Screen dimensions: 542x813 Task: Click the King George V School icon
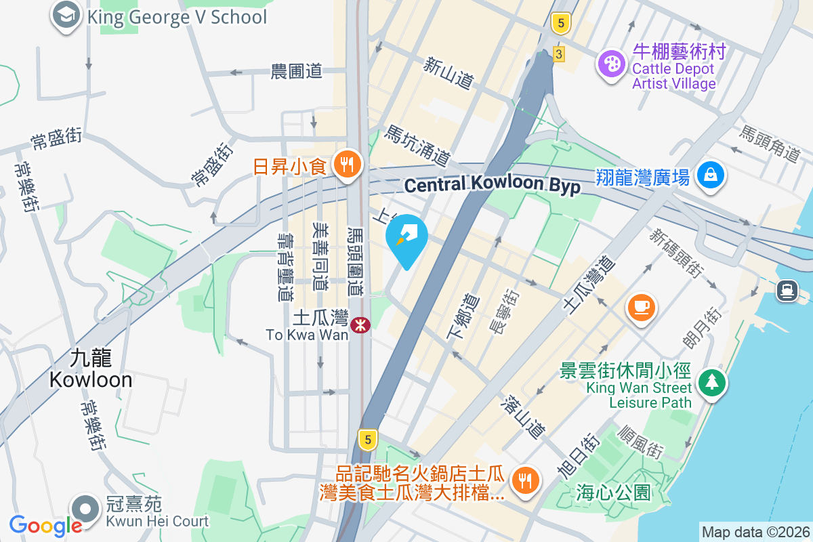66,17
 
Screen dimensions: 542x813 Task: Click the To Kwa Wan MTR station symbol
360,325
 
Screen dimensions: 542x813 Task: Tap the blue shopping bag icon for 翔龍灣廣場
711,175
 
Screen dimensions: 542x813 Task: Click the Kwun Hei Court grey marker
86,507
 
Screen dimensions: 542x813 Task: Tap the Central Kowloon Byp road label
493,185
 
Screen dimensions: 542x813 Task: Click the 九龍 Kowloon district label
91,369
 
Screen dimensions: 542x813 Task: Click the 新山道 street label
449,73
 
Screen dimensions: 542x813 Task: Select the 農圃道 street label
295,71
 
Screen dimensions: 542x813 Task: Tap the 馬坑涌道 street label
417,145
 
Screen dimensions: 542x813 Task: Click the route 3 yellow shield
558,54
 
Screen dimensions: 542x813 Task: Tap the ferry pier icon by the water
787,291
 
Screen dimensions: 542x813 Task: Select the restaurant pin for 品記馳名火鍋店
524,479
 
